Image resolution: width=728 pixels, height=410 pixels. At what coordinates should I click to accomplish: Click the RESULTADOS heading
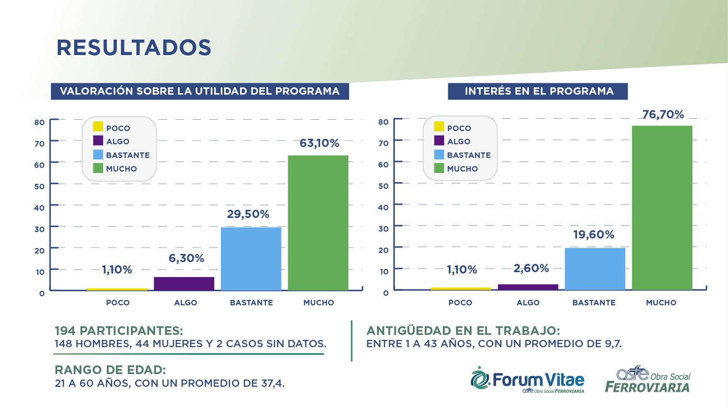[x=134, y=48]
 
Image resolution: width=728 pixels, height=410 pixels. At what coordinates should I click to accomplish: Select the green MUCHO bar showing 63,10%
[x=318, y=223]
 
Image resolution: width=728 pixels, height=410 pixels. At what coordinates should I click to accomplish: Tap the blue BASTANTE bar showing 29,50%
[x=251, y=258]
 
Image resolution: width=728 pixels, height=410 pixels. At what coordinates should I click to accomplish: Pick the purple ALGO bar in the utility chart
[x=184, y=283]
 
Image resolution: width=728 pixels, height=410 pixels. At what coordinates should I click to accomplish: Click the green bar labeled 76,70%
[x=662, y=208]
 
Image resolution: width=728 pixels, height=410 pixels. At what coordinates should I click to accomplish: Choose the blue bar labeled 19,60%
[x=595, y=268]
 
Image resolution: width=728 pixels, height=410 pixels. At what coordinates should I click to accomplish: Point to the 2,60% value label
[x=531, y=268]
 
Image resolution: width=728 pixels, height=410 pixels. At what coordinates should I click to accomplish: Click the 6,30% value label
[x=186, y=258]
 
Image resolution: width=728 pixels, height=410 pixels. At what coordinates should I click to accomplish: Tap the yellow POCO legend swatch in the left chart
[x=98, y=127]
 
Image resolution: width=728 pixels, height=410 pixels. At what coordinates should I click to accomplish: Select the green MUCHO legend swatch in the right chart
[x=439, y=168]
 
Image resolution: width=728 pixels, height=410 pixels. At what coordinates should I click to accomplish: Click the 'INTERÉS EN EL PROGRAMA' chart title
[x=539, y=91]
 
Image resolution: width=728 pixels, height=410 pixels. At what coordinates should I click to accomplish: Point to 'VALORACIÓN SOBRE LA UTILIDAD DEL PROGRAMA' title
[x=200, y=91]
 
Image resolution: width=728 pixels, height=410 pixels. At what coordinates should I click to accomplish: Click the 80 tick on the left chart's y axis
[x=40, y=122]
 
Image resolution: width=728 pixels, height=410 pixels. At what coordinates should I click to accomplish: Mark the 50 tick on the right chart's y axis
[x=383, y=186]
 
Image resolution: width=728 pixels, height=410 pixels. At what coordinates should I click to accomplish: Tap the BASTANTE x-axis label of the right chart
[x=593, y=303]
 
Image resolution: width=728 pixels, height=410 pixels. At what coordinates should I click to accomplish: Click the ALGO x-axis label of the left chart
[x=186, y=303]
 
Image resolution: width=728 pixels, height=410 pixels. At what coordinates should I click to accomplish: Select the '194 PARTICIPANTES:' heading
[x=119, y=331]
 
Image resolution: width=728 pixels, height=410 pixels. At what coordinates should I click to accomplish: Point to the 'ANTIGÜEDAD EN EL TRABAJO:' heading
[x=463, y=331]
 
